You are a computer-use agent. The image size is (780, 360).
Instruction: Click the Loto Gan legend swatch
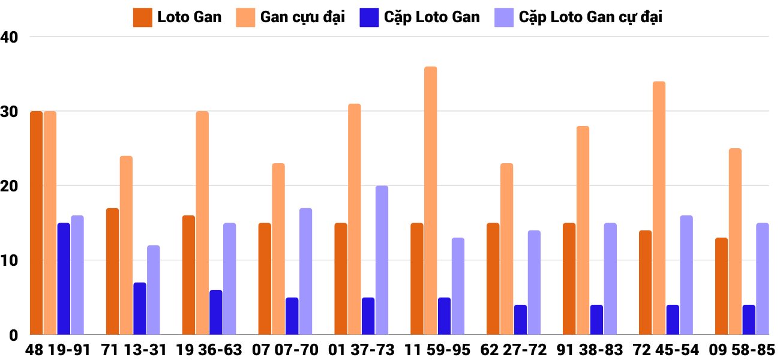pyautogui.click(x=142, y=17)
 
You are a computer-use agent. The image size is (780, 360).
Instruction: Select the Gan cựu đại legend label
pyautogui.click(x=302, y=17)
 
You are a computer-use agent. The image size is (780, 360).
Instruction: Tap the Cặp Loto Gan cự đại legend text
pyautogui.click(x=590, y=17)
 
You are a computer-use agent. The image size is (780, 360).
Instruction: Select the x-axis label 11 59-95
pyautogui.click(x=438, y=350)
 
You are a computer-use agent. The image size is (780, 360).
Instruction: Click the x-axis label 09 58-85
pyautogui.click(x=742, y=350)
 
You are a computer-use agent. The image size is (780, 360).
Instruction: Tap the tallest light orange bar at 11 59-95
pyautogui.click(x=430, y=200)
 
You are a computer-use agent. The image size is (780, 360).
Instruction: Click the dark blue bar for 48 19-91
pyautogui.click(x=64, y=278)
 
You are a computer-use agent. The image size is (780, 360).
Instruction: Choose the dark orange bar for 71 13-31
pyautogui.click(x=112, y=271)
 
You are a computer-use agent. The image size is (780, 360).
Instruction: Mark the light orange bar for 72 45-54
pyautogui.click(x=659, y=208)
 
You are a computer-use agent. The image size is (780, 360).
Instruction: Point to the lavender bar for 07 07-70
pyautogui.click(x=305, y=271)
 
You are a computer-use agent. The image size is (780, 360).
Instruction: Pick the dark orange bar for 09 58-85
pyautogui.click(x=721, y=286)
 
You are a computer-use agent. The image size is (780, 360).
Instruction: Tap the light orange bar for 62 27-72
pyautogui.click(x=506, y=249)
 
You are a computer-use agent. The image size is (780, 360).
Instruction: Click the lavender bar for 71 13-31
pyautogui.click(x=154, y=290)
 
